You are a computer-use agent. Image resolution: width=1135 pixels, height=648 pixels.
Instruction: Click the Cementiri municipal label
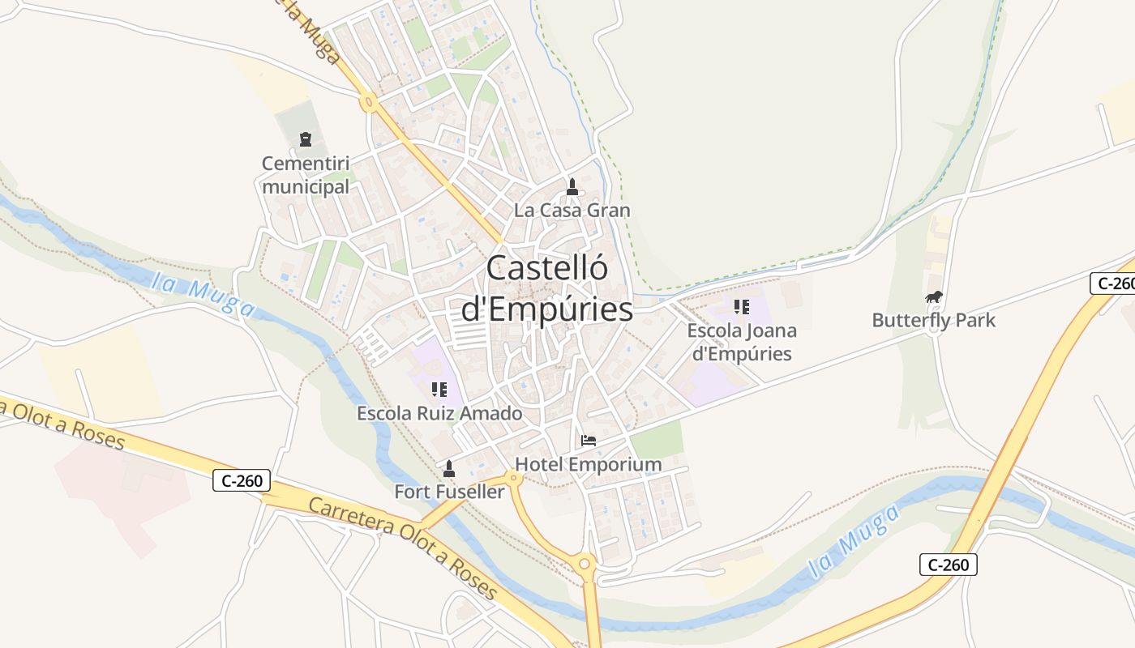[x=306, y=175]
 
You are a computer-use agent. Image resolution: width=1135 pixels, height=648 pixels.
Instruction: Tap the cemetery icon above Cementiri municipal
[x=306, y=140]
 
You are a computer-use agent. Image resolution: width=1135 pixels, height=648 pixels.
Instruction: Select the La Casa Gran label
[x=572, y=210]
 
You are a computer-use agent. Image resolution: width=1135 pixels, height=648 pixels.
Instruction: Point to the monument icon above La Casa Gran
[x=572, y=187]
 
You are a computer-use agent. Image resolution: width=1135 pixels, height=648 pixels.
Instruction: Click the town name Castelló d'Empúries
[x=547, y=288]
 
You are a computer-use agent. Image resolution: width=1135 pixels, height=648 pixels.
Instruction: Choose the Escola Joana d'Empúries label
[x=741, y=342]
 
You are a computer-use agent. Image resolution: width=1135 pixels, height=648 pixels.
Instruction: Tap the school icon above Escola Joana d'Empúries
[x=741, y=307]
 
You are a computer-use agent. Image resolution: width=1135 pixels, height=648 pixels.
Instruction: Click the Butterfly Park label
[x=933, y=320]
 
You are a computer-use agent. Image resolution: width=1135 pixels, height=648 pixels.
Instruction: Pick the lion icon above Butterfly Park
[x=934, y=297]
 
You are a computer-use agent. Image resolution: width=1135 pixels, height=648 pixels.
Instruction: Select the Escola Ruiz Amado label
[x=439, y=413]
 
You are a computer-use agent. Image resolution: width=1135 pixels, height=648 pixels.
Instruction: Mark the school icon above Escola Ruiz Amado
[x=439, y=390]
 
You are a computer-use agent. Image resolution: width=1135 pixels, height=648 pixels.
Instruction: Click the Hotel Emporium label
[x=589, y=464]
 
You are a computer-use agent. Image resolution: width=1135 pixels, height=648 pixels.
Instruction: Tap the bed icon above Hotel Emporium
[x=589, y=441]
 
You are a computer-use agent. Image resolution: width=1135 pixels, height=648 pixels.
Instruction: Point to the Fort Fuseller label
[x=449, y=491]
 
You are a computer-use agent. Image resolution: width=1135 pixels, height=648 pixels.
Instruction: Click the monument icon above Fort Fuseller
[x=449, y=468]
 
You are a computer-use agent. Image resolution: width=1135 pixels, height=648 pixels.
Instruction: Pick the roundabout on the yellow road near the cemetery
[x=369, y=103]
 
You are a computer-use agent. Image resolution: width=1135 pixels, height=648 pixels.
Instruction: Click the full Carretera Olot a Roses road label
[x=403, y=548]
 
